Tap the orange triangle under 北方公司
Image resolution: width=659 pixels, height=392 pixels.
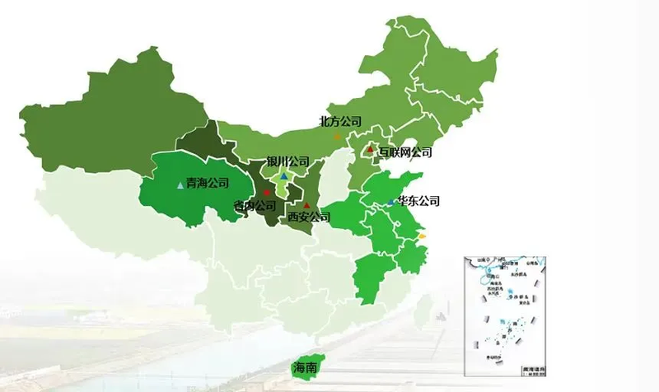336,136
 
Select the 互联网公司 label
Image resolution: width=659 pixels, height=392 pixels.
404,152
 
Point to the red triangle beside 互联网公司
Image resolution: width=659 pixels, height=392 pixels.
371,149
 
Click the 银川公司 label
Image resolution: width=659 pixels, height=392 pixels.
287,161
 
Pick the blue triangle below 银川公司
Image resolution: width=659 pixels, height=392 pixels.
283,176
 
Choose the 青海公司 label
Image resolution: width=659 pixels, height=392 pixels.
207,183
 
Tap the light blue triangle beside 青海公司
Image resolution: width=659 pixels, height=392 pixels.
180,184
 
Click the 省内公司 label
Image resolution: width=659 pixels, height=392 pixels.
255,206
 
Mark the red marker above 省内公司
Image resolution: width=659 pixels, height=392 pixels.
265,193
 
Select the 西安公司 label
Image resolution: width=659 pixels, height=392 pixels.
309,217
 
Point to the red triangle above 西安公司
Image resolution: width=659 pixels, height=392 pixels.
306,205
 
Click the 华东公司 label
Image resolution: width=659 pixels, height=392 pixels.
418,201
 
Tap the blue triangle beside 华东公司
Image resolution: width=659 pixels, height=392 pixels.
390,202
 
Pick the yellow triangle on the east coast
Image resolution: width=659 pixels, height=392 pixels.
422,236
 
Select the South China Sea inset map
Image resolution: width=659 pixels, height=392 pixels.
505,315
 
